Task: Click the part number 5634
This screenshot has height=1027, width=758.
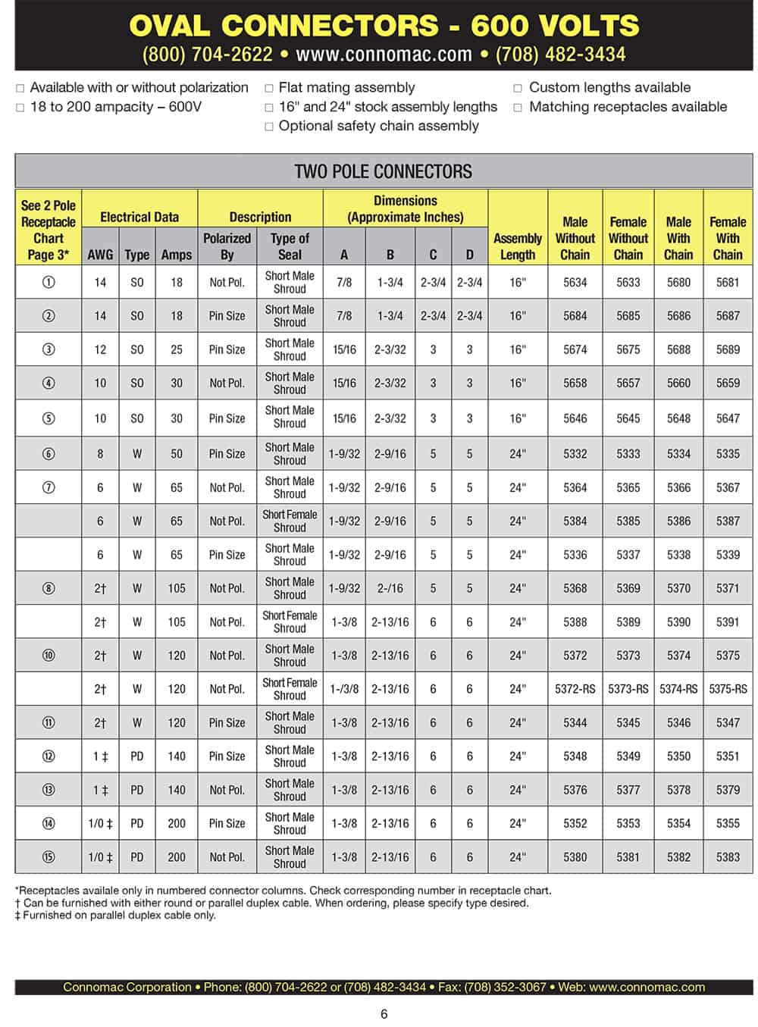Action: tap(575, 282)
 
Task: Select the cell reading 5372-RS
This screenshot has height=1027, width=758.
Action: tap(575, 689)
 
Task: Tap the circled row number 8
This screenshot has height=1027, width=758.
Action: tap(49, 588)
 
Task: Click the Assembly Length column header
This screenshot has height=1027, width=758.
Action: tap(518, 246)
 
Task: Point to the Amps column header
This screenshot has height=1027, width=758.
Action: tap(177, 255)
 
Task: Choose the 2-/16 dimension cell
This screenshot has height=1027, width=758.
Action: tap(390, 588)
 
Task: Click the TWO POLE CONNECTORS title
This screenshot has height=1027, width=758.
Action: tap(383, 171)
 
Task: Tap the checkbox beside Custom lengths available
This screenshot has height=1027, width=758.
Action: tap(518, 88)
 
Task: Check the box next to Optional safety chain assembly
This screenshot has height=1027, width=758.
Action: tap(269, 127)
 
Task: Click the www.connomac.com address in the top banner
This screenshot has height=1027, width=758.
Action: tap(384, 55)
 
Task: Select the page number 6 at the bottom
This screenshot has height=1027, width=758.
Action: tap(384, 1014)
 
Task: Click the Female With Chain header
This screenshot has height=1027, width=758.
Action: tap(728, 238)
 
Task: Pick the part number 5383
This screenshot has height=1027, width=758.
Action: tap(728, 857)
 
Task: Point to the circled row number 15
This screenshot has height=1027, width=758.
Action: tap(49, 857)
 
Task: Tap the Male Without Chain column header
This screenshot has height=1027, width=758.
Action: tap(575, 238)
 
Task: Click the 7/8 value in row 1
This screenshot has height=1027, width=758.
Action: tap(344, 282)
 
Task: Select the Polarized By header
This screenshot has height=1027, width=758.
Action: tap(227, 246)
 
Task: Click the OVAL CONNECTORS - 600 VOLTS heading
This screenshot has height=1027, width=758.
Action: tap(384, 26)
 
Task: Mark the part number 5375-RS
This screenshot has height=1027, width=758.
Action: tap(728, 689)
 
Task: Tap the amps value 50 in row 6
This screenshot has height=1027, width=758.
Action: tap(177, 454)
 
